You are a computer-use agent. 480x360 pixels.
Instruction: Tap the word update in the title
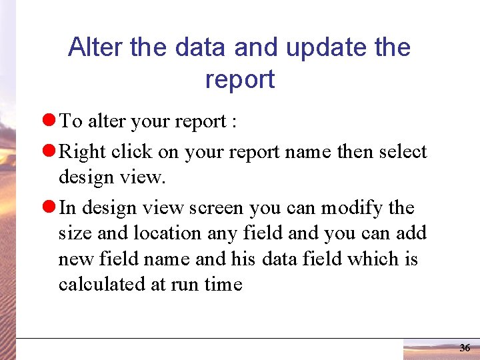pos(333,47)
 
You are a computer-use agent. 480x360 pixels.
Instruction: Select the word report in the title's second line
pos(240,79)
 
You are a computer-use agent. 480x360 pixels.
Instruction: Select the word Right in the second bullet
pos(77,152)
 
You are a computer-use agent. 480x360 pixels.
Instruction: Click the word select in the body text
pos(402,152)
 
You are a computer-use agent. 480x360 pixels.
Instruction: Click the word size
pos(73,233)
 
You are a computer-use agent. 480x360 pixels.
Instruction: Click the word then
pos(355,152)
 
